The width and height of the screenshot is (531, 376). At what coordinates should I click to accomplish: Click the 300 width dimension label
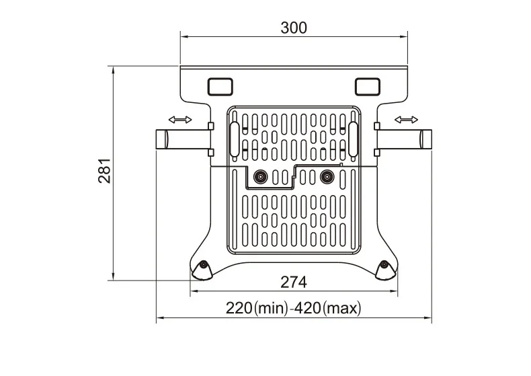pos(293,28)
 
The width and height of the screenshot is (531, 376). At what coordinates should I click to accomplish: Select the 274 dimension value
pos(294,281)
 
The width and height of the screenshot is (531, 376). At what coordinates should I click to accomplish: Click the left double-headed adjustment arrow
pos(179,120)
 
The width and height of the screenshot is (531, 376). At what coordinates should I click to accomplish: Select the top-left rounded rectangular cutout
pos(218,86)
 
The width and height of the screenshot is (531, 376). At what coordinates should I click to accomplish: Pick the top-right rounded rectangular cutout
pos(368,86)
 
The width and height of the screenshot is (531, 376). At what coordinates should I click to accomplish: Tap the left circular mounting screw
pos(259,178)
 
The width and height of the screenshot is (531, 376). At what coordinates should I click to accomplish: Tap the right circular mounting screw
pos(327,178)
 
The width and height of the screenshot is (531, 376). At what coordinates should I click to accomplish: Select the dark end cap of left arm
pos(161,140)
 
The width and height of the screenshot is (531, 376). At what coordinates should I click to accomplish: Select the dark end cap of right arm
pos(425,140)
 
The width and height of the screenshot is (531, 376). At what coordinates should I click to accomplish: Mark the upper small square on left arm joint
pos(210,126)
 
